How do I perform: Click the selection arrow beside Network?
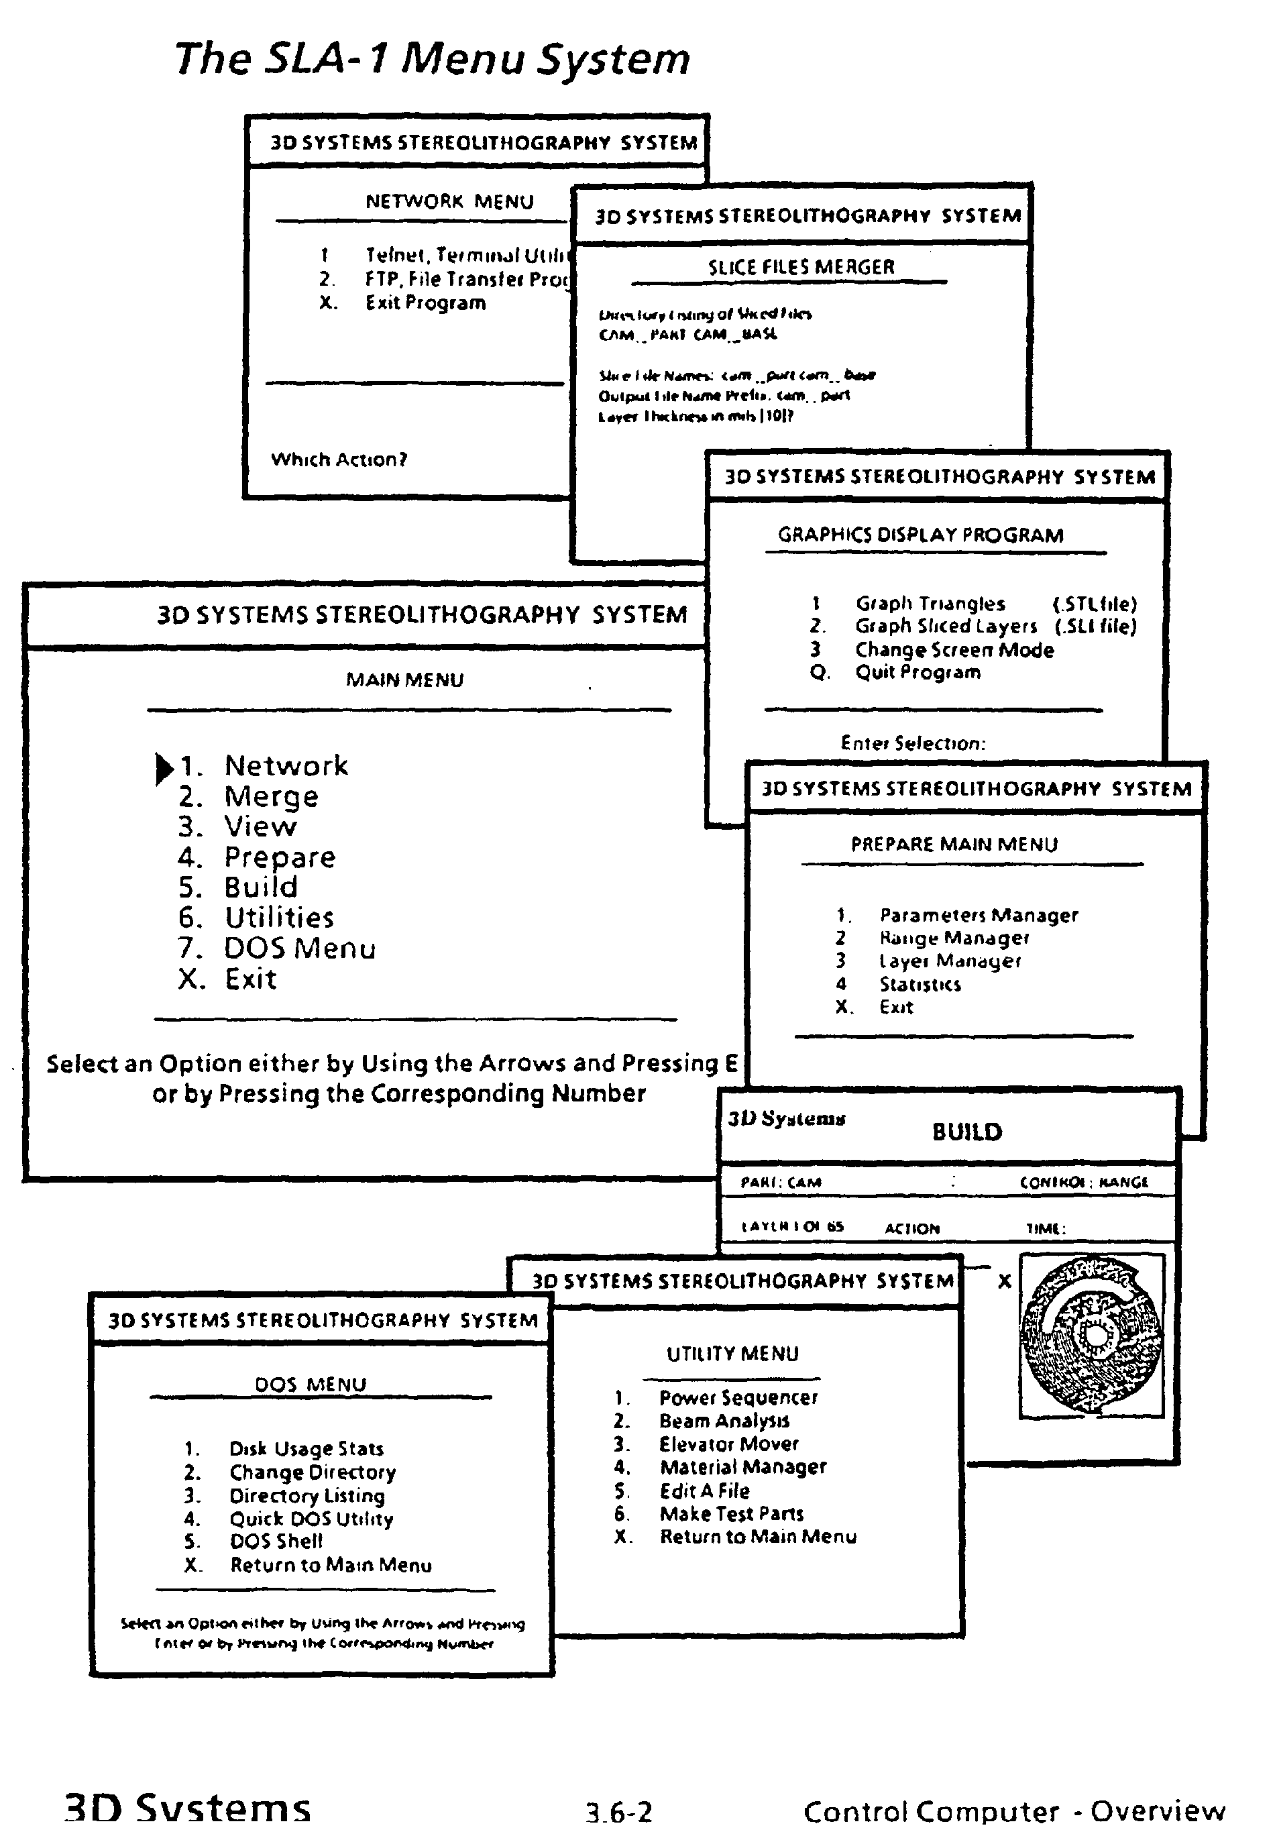click(164, 767)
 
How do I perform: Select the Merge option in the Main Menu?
click(271, 796)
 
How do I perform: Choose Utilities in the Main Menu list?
click(278, 917)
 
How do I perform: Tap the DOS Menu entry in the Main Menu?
click(299, 949)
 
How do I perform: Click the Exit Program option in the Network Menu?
click(425, 303)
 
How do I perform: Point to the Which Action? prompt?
click(339, 460)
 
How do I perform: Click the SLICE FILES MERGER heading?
click(800, 267)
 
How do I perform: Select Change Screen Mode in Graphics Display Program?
click(954, 650)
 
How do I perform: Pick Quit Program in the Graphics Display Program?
click(917, 673)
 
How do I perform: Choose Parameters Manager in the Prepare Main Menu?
click(978, 916)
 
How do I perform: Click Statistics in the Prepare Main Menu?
click(920, 984)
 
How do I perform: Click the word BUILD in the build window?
click(966, 1132)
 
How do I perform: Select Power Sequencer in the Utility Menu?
click(737, 1398)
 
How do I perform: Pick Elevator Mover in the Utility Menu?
click(728, 1444)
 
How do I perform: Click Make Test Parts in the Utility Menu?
click(731, 1514)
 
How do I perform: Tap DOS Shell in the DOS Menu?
click(276, 1541)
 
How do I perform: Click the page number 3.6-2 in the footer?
click(619, 1812)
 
